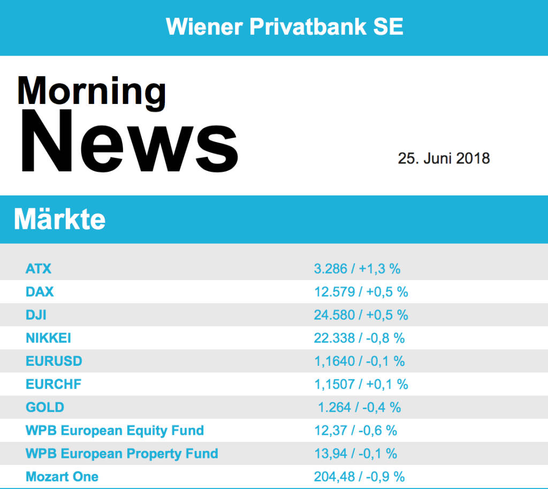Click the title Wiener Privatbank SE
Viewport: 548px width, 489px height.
click(x=284, y=26)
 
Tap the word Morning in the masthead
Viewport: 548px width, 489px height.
click(x=92, y=91)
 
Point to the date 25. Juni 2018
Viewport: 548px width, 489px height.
click(x=444, y=159)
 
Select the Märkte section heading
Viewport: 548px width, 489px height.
click(x=59, y=220)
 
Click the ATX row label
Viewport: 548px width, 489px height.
click(x=39, y=268)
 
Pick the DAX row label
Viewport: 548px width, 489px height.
click(x=40, y=291)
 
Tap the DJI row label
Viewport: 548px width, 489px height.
click(x=36, y=315)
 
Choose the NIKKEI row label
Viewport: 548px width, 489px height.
click(x=48, y=338)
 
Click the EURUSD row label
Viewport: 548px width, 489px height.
click(x=54, y=361)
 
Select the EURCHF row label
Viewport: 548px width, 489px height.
click(x=54, y=384)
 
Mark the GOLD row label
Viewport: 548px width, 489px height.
click(x=45, y=407)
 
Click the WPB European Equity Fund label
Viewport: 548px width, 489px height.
click(x=115, y=430)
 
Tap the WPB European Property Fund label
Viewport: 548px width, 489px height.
click(x=122, y=454)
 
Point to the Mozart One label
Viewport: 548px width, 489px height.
click(x=62, y=477)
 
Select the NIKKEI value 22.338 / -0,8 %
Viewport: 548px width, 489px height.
click(x=359, y=338)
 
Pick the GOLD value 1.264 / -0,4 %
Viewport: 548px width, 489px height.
click(x=359, y=407)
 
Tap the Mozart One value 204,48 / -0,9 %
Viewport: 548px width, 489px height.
click(x=359, y=477)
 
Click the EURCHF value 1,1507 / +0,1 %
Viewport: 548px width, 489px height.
click(x=361, y=384)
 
